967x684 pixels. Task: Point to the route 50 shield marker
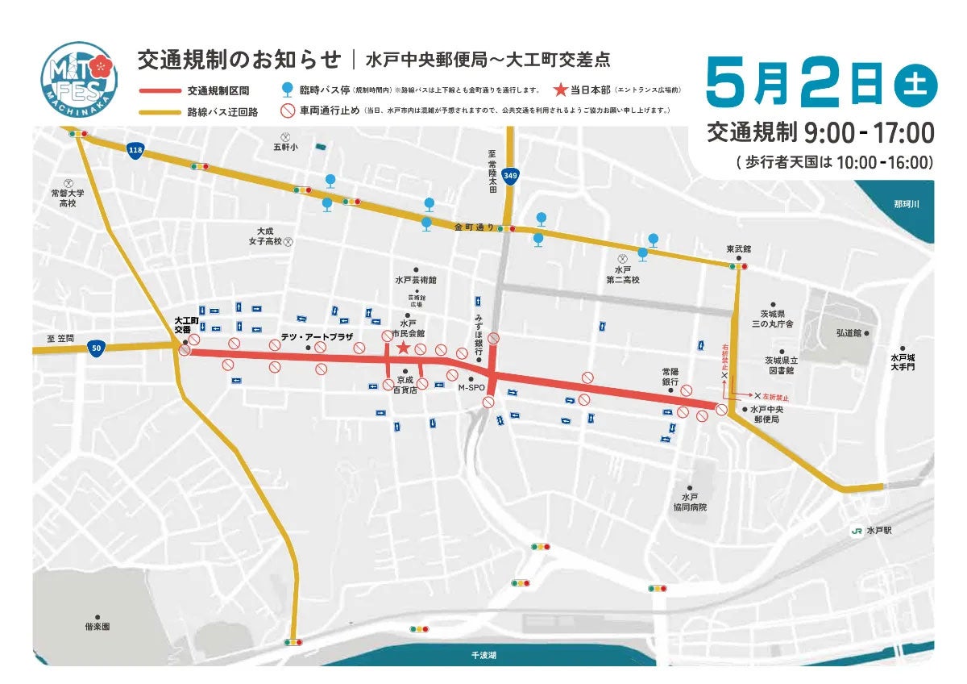pyautogui.click(x=97, y=348)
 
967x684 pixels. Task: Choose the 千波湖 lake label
pyautogui.click(x=484, y=656)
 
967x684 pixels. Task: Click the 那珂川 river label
pyautogui.click(x=907, y=205)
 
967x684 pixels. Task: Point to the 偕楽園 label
pyautogui.click(x=98, y=626)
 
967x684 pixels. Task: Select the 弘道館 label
pyautogui.click(x=849, y=332)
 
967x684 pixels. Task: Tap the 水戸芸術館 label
pyautogui.click(x=415, y=280)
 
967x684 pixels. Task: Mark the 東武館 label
pyautogui.click(x=738, y=250)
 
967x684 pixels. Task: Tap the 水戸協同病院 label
pyautogui.click(x=690, y=502)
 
